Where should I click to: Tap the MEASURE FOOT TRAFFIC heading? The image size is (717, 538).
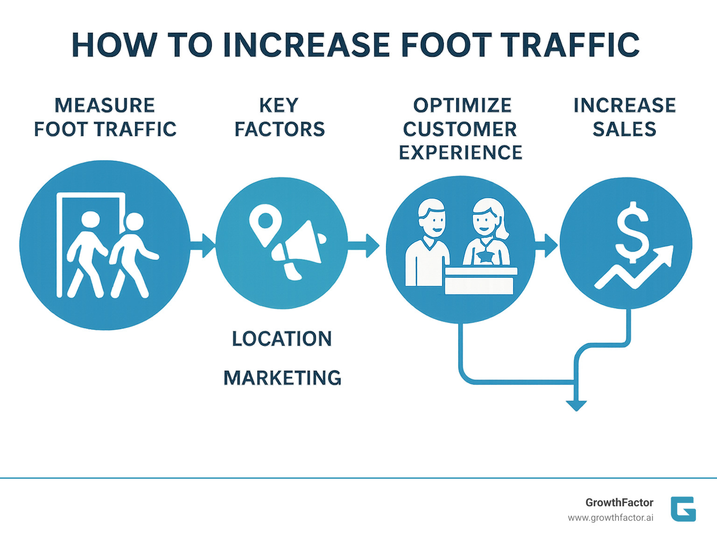[105, 117]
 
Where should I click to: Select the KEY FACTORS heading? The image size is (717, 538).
[279, 117]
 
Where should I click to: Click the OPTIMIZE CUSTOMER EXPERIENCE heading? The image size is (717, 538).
[461, 129]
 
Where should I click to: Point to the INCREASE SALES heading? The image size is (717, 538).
[625, 117]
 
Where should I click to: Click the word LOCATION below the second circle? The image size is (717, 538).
[282, 339]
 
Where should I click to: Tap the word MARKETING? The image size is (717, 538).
[282, 378]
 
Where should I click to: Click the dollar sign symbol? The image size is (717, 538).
[632, 232]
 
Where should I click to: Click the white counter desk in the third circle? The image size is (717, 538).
[480, 281]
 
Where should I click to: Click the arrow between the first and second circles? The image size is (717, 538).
[203, 244]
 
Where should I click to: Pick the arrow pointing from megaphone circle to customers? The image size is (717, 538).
[364, 245]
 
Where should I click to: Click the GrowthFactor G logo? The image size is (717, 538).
[683, 509]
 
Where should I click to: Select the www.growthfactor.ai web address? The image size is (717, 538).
[610, 518]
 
